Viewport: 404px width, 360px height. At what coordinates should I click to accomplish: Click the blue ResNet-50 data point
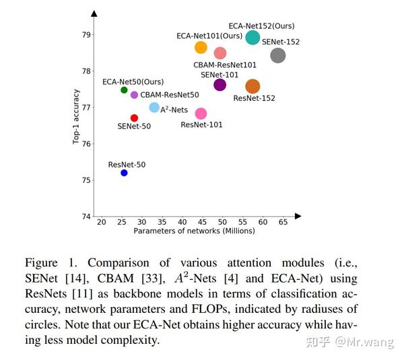click(x=124, y=173)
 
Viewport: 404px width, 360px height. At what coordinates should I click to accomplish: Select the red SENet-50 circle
click(x=134, y=118)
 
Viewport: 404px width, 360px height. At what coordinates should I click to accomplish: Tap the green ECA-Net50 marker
click(x=124, y=90)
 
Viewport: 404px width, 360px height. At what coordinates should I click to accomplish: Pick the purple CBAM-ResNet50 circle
click(x=134, y=95)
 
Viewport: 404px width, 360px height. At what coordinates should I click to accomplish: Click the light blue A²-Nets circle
click(x=154, y=108)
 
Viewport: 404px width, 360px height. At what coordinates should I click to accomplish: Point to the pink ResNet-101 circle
click(x=201, y=114)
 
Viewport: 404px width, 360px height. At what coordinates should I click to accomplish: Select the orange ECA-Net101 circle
click(x=201, y=47)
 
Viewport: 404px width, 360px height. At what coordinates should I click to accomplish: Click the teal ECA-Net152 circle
click(x=252, y=38)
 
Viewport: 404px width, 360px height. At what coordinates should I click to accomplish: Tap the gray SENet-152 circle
click(x=277, y=55)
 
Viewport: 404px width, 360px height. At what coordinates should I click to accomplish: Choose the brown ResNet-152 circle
click(x=252, y=86)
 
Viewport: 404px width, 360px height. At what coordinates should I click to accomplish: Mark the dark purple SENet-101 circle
click(x=220, y=85)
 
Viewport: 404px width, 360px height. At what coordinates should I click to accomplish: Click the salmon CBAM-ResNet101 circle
click(x=220, y=53)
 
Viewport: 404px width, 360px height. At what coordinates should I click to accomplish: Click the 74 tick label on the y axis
click(x=86, y=216)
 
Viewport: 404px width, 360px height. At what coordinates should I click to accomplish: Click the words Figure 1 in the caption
click(x=46, y=262)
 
